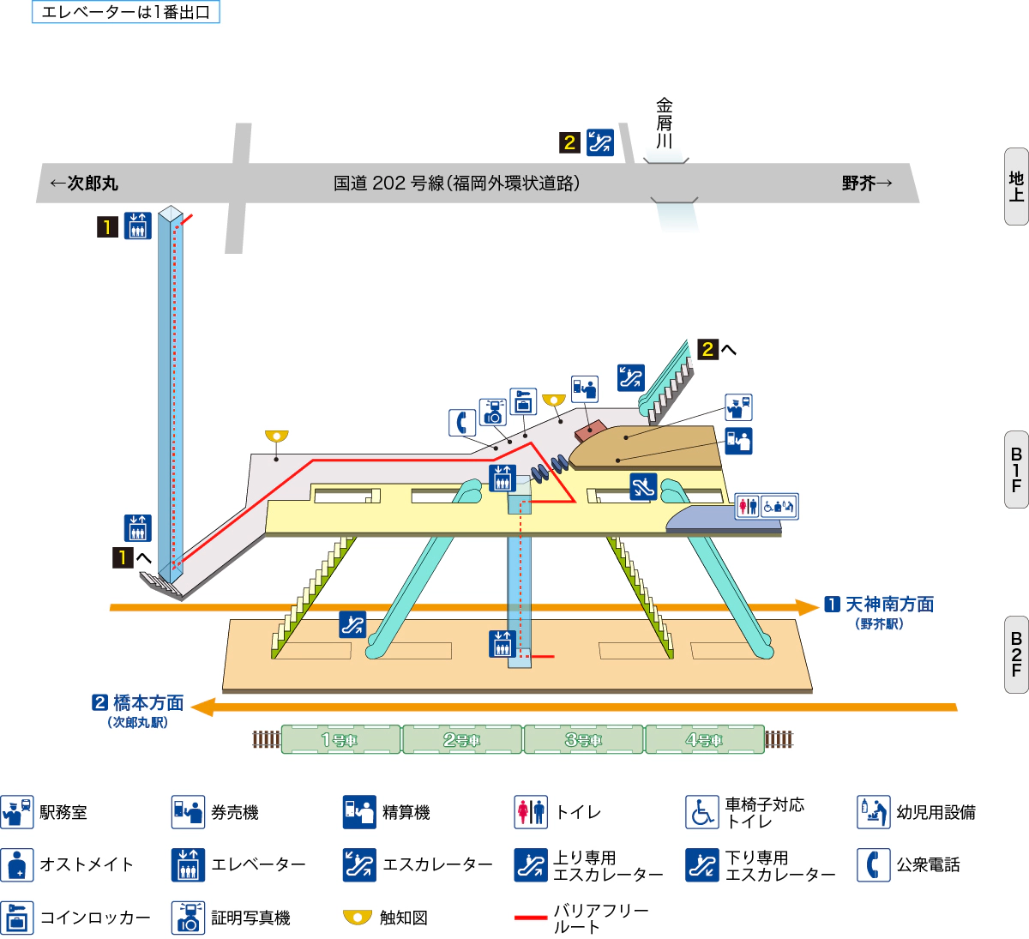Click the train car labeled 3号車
(x=583, y=739)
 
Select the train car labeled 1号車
(x=340, y=739)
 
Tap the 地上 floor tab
(x=1016, y=186)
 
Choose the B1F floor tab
(x=1016, y=470)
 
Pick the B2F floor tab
(x=1016, y=654)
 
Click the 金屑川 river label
(x=665, y=123)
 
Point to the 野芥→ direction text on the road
(x=866, y=183)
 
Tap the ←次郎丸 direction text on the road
(x=84, y=183)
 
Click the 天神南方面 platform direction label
(x=889, y=605)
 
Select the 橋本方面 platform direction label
(x=148, y=703)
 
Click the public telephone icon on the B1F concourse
(x=462, y=423)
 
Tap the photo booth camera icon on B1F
(x=493, y=412)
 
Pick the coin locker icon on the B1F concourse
(x=523, y=401)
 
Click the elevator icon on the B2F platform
(x=502, y=643)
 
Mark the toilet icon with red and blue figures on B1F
(x=748, y=506)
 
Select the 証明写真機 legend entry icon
(x=188, y=918)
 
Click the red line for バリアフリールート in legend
(x=531, y=918)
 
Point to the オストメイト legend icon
(x=17, y=864)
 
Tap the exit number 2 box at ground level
(x=570, y=142)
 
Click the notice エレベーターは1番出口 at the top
(x=126, y=12)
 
